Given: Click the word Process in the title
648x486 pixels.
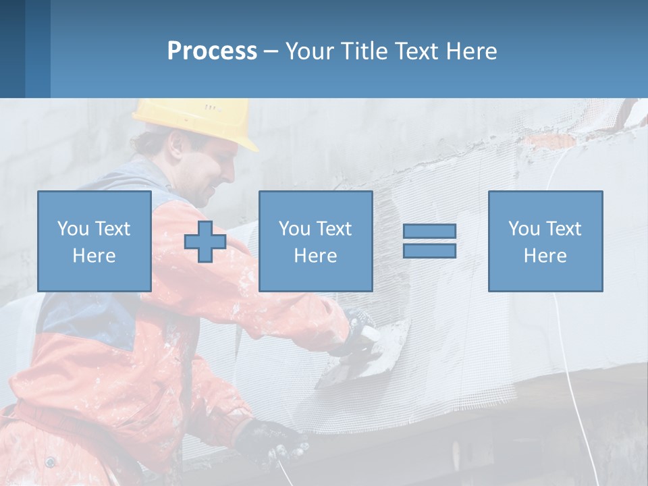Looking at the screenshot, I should tap(212, 51).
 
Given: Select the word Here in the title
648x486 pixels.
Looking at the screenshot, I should tap(471, 51).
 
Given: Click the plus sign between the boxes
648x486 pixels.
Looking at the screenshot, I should tap(205, 241).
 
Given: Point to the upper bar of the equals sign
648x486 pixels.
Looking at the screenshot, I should tap(429, 232).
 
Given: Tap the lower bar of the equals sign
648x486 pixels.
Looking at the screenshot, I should tap(429, 250).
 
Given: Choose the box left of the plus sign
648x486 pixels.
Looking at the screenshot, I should tap(94, 241).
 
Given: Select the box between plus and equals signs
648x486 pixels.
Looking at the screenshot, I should tap(315, 241).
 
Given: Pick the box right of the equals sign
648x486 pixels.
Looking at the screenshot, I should tap(545, 241).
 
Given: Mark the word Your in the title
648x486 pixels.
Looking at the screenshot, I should tap(309, 51).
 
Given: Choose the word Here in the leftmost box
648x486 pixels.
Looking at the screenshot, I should tap(94, 256).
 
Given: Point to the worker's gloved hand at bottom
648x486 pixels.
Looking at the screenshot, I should tap(273, 442).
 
